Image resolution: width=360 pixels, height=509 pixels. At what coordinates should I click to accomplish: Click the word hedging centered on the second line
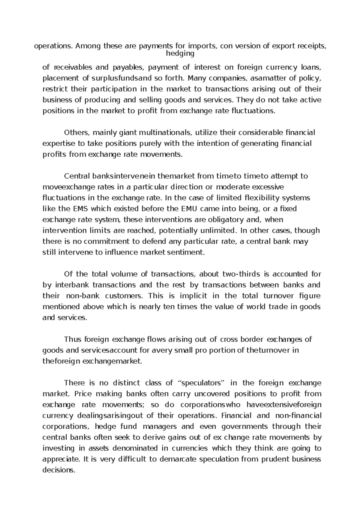click(180, 54)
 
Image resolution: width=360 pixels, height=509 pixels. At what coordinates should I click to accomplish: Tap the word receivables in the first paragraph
click(71, 67)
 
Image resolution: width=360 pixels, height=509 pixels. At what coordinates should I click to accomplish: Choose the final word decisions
click(58, 470)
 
